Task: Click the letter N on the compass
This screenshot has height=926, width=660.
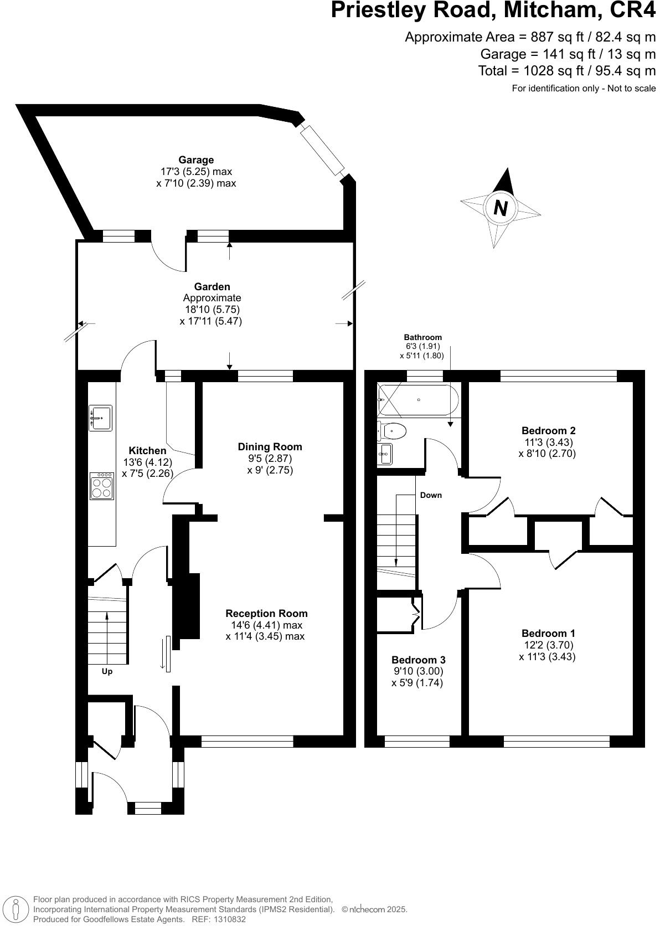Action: coord(500,208)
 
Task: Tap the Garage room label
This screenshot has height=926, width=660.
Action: coord(196,160)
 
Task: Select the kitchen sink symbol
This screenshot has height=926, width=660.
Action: coord(100,418)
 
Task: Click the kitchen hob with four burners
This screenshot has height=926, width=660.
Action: coord(102,486)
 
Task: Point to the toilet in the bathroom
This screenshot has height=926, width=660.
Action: coord(392,431)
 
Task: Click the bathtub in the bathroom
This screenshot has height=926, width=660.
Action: coord(418,400)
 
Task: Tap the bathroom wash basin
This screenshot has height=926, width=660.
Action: coord(385,454)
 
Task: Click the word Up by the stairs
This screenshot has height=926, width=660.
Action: coord(107,672)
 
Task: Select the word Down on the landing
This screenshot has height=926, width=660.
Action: coord(431,495)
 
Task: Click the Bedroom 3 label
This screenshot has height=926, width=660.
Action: coord(418,660)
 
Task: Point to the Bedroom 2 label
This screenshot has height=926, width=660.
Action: coord(548,430)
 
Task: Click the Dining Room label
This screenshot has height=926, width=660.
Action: coord(270,446)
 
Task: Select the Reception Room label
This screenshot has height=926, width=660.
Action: coord(266,614)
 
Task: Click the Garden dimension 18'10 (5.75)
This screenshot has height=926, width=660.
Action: coord(212,309)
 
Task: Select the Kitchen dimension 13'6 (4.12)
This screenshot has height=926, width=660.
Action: coord(147,462)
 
